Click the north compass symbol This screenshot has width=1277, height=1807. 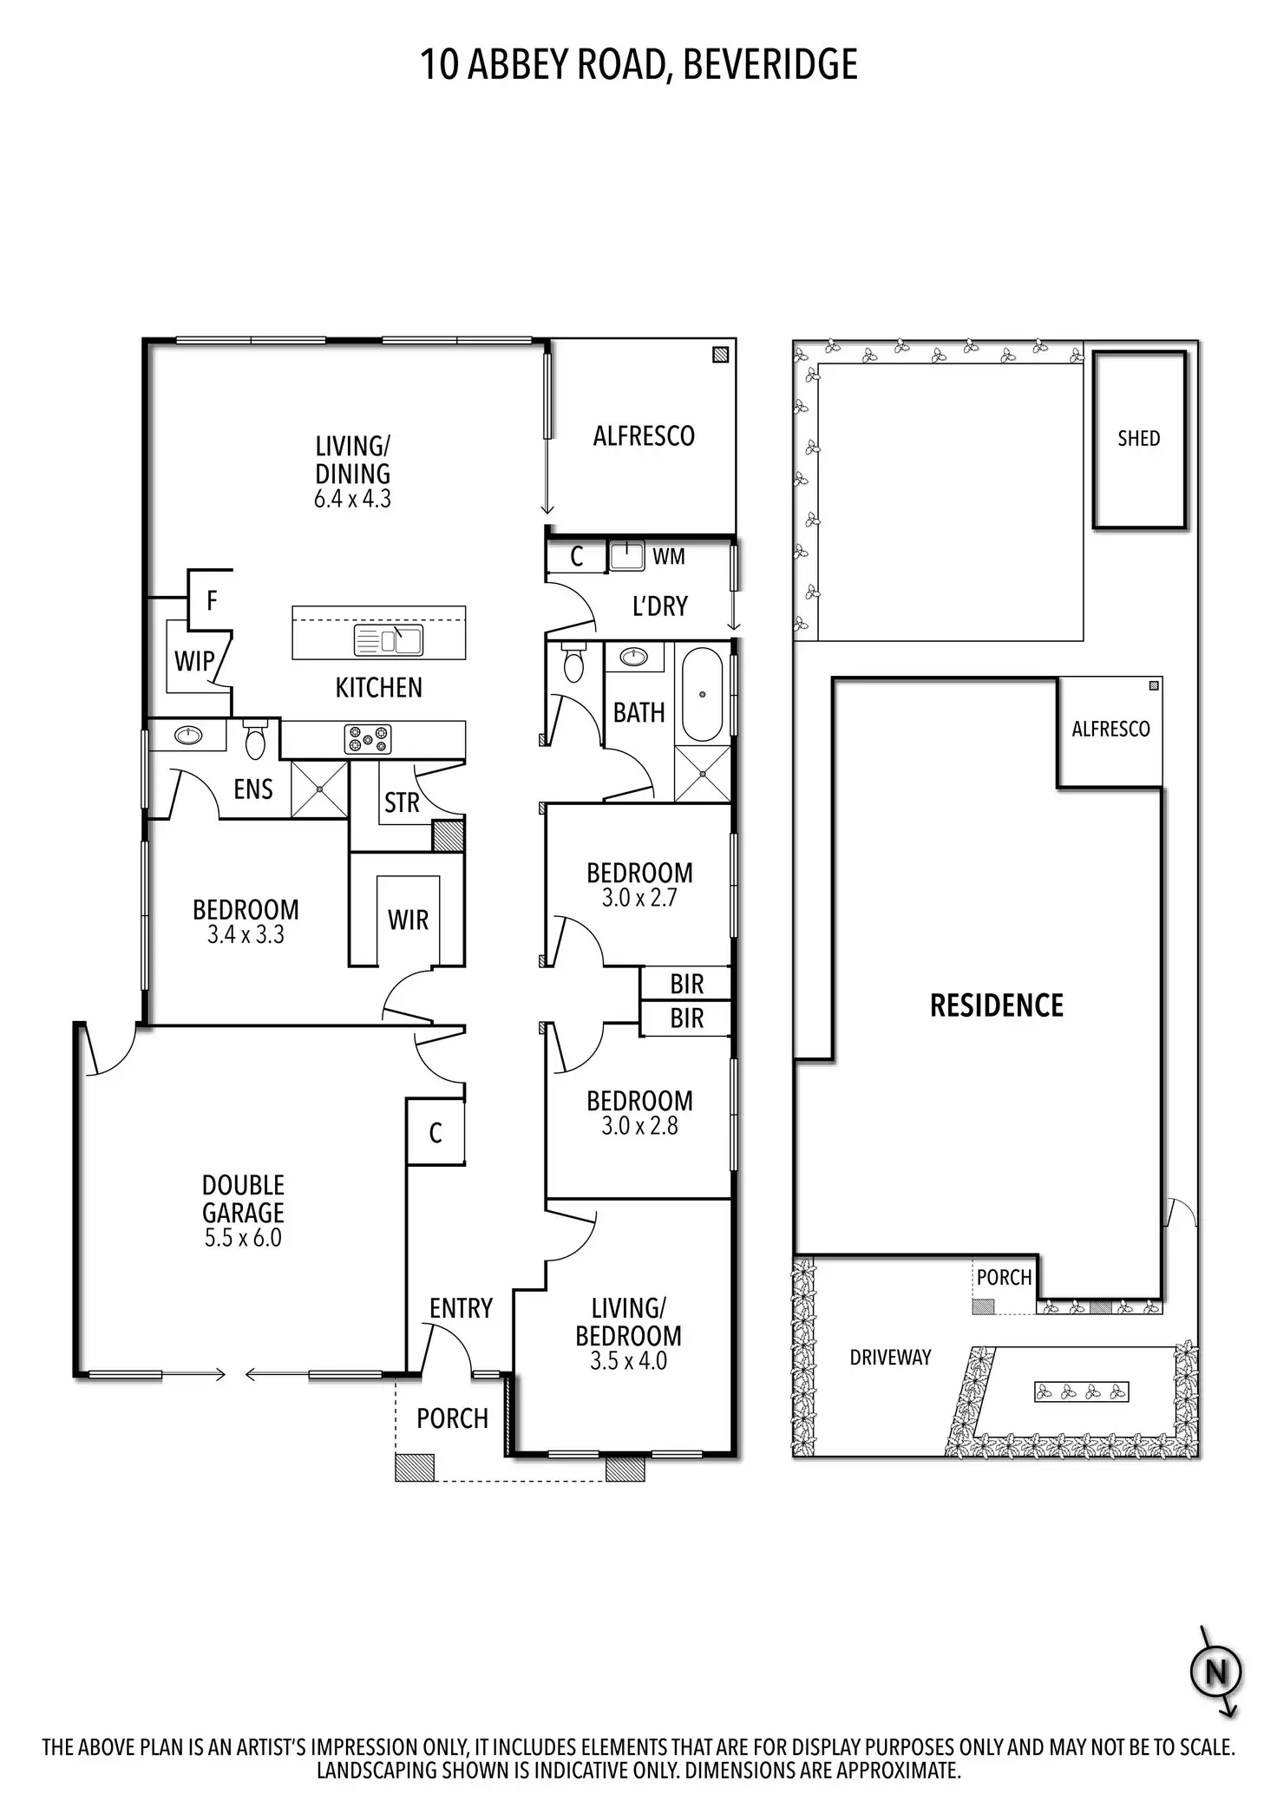[1215, 1671]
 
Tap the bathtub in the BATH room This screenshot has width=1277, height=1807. [702, 694]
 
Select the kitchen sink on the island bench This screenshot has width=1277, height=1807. [389, 640]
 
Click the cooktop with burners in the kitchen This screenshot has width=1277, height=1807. [368, 739]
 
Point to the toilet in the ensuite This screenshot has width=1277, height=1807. [255, 740]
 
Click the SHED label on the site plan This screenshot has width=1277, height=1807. [1138, 439]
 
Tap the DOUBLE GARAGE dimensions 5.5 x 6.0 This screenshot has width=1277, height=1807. [243, 1238]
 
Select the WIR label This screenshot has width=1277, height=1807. [408, 920]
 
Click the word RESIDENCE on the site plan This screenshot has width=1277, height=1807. [996, 1005]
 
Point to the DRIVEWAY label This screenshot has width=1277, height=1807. [890, 1358]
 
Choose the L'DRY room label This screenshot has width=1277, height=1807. [659, 606]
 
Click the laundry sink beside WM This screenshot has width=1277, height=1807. [626, 554]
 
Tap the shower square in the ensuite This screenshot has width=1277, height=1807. [319, 789]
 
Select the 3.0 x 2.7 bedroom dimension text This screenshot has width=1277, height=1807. [639, 898]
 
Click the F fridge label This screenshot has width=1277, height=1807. [212, 600]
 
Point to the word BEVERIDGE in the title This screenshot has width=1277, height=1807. [770, 65]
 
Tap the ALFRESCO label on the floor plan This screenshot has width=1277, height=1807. [644, 435]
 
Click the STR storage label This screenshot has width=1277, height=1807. [402, 803]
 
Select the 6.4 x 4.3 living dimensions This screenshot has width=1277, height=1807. [352, 499]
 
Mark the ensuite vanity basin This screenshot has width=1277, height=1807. [188, 736]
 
